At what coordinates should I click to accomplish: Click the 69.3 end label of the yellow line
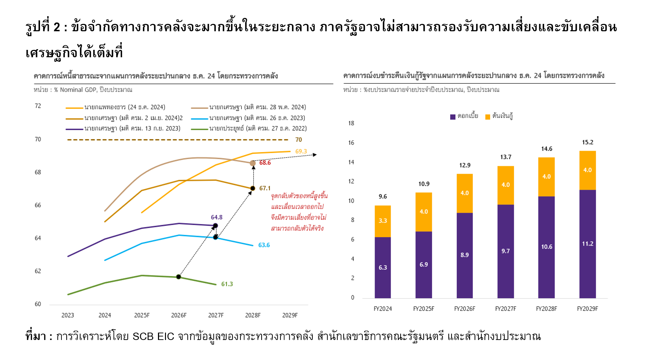[x=301, y=151]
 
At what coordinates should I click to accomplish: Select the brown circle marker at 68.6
[x=253, y=163]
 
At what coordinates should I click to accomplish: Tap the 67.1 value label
[x=265, y=188]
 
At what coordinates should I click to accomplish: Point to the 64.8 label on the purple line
[x=217, y=217]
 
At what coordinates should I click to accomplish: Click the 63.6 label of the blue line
[x=264, y=245]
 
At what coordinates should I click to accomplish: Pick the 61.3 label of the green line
[x=227, y=284]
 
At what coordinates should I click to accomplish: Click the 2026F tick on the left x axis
[x=179, y=315]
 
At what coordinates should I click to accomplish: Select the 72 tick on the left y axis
[x=38, y=106]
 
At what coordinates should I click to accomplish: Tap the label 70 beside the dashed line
[x=298, y=140]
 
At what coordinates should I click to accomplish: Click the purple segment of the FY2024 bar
[x=383, y=268]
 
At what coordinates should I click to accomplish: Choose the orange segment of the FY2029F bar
[x=587, y=170]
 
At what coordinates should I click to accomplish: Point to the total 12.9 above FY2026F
[x=464, y=165]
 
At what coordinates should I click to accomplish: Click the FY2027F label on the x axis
[x=506, y=309]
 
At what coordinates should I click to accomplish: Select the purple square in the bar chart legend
[x=453, y=117]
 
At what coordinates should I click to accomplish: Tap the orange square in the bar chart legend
[x=488, y=117]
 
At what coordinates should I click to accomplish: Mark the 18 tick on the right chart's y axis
[x=351, y=123]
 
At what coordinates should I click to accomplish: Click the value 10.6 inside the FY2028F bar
[x=547, y=247]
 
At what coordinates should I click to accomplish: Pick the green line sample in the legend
[x=199, y=129]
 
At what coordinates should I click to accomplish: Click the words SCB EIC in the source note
[x=153, y=336]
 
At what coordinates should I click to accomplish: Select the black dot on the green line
[x=179, y=277]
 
